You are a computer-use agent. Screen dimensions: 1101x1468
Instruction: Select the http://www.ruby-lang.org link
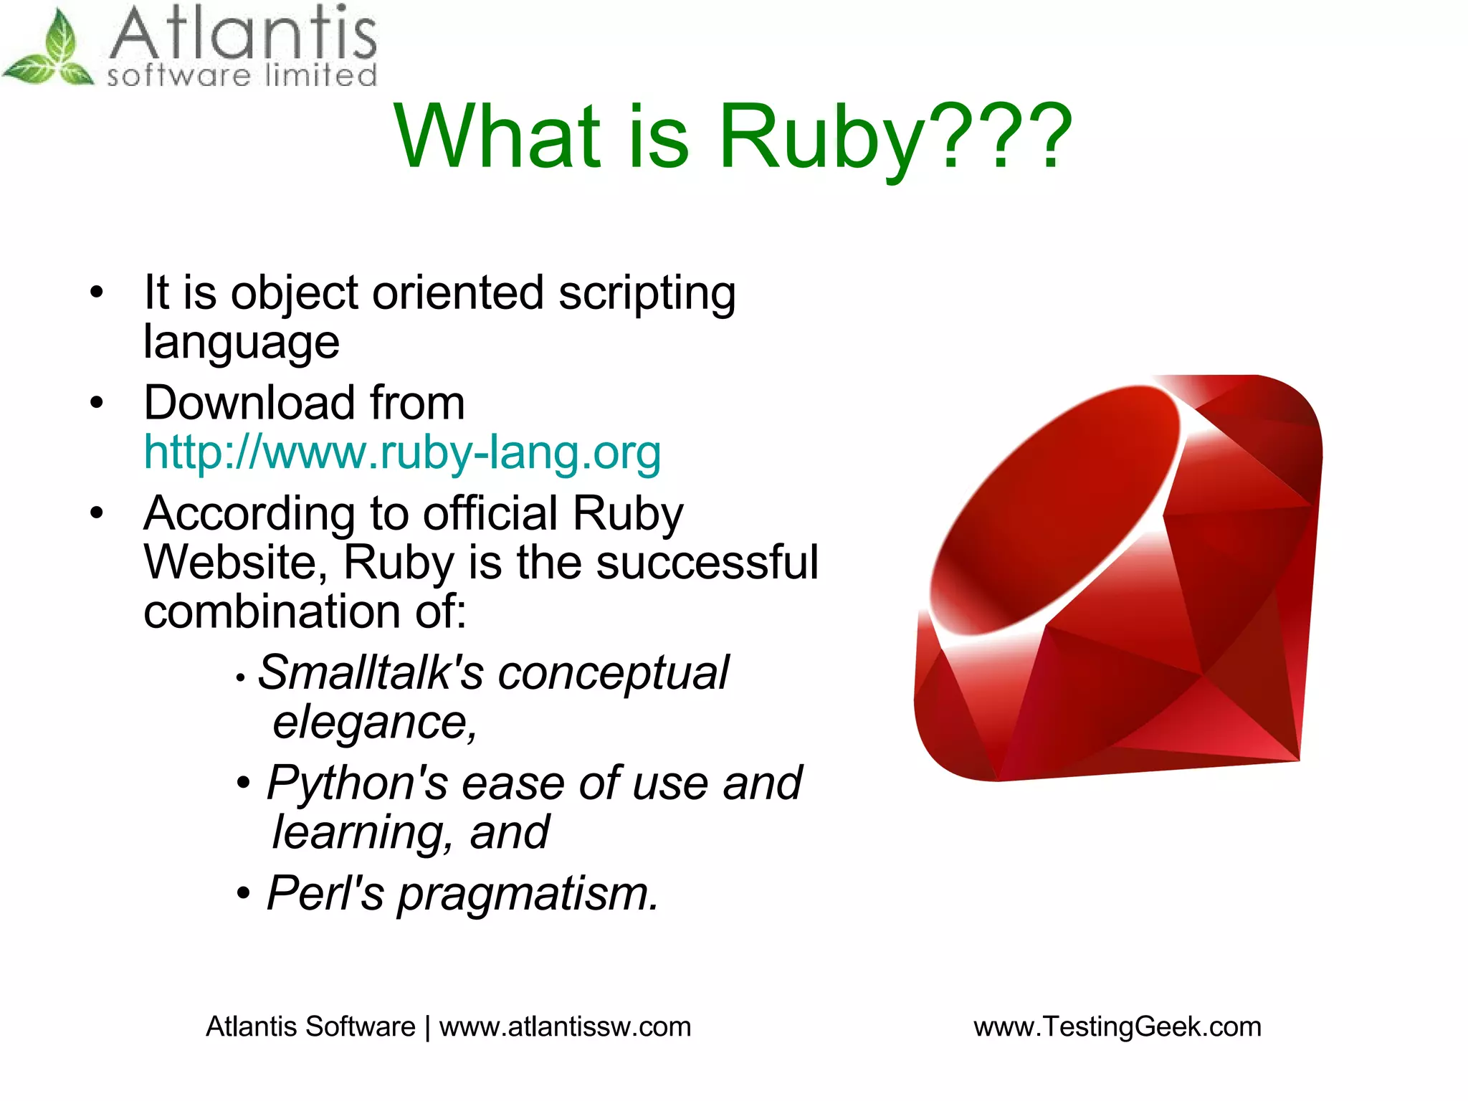tap(401, 452)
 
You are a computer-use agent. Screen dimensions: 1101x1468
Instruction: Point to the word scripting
tap(647, 294)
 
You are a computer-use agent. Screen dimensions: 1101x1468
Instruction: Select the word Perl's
tap(325, 894)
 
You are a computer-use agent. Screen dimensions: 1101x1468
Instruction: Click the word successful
tap(707, 562)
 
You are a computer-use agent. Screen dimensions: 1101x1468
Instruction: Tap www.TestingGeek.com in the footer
tap(1117, 1026)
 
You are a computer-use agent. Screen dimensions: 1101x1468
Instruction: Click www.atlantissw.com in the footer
tap(565, 1026)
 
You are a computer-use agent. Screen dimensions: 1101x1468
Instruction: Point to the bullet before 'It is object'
tap(97, 292)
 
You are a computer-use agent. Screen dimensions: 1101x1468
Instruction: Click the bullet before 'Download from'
tap(97, 403)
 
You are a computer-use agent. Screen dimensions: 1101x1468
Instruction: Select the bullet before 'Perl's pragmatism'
tap(244, 894)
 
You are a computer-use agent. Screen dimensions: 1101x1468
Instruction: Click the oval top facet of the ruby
tap(1054, 509)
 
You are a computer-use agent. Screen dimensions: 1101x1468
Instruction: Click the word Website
tap(229, 562)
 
